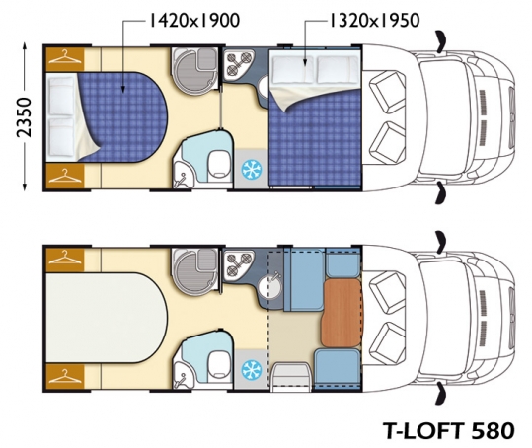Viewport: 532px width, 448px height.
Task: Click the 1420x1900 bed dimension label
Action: point(194,21)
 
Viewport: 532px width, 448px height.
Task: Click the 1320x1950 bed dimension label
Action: point(375,21)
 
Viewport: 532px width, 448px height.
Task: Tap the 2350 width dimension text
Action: point(24,117)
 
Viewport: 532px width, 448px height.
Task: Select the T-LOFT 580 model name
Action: point(448,431)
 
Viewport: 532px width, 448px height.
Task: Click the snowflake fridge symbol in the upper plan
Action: point(252,169)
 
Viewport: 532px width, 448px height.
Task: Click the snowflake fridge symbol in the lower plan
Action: point(252,370)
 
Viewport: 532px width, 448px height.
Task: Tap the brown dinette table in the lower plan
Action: point(342,313)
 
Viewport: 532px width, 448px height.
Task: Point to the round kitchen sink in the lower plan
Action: point(270,286)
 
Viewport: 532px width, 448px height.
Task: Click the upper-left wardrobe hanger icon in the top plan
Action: point(65,56)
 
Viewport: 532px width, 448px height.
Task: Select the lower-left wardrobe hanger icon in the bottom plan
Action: point(65,376)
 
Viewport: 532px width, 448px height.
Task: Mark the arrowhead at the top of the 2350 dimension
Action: point(25,45)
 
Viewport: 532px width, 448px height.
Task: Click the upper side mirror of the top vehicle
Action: point(441,42)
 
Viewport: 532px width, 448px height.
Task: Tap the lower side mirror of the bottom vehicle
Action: point(441,393)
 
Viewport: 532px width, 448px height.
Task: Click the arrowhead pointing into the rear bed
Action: point(122,89)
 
